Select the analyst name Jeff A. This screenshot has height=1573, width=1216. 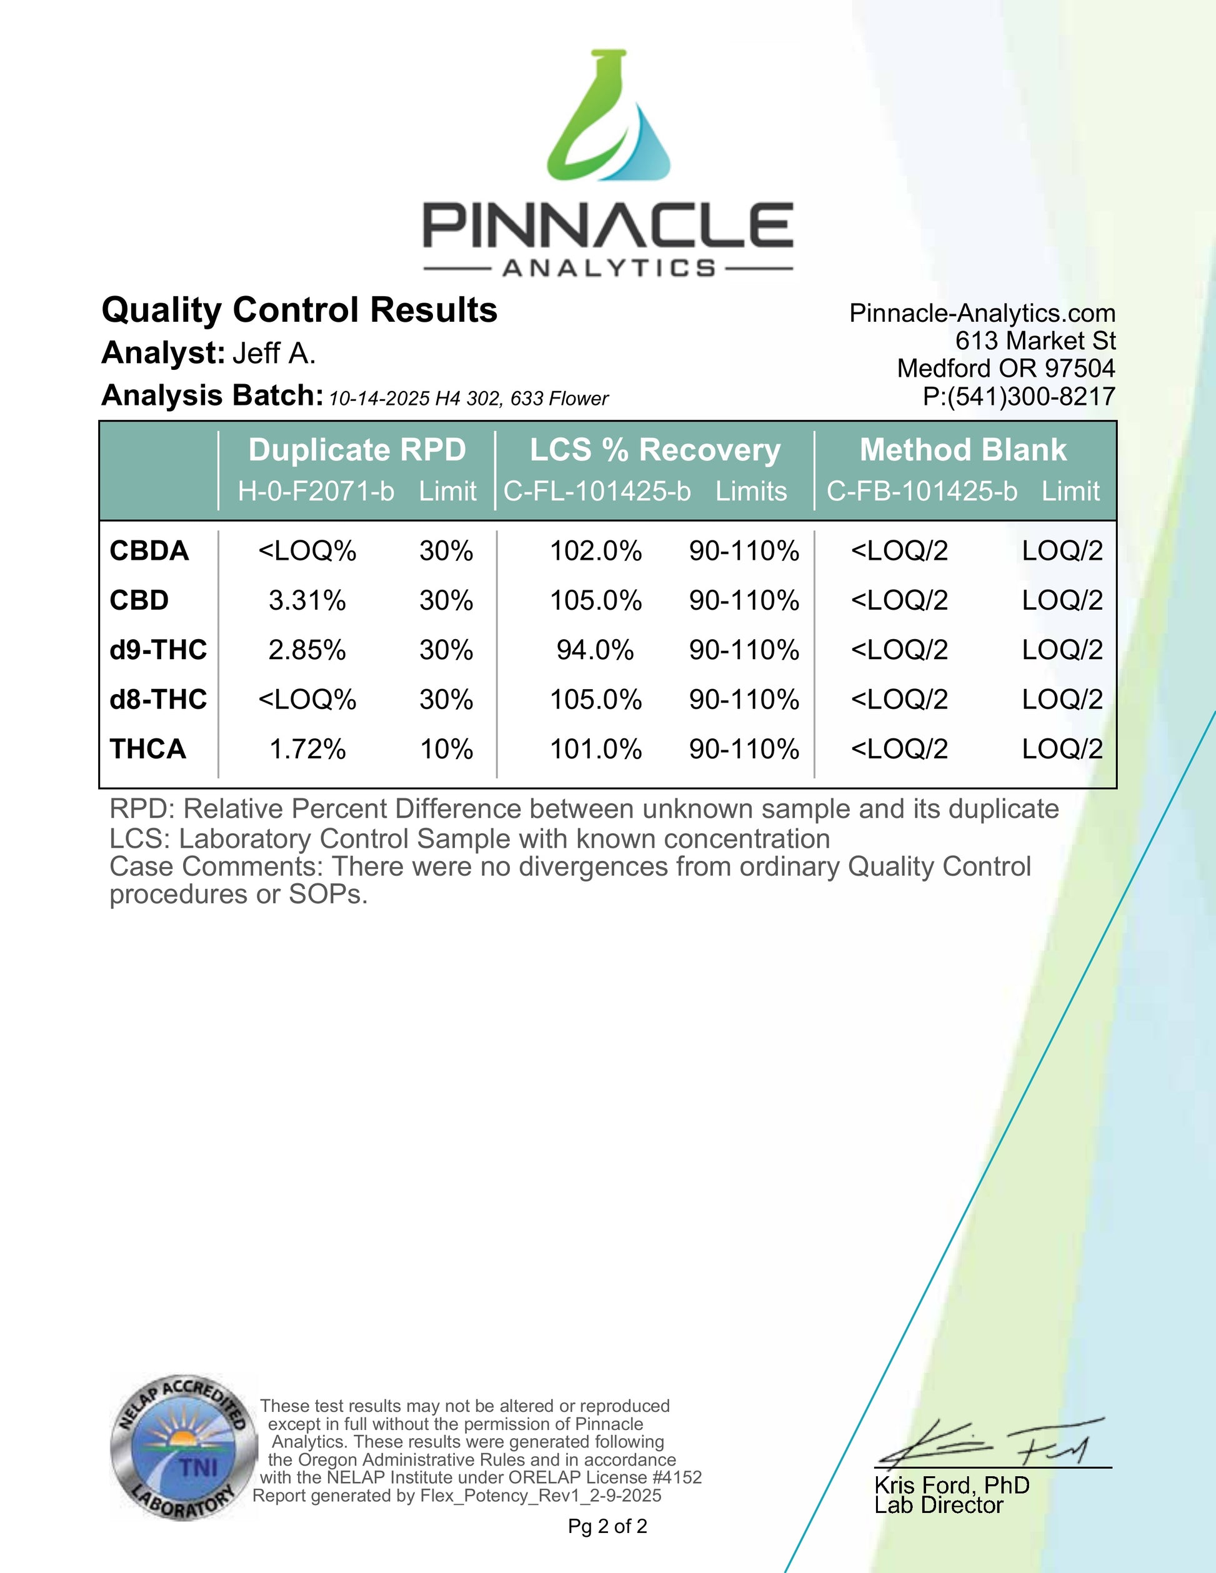pyautogui.click(x=274, y=354)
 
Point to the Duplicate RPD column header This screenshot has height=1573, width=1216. pyautogui.click(x=357, y=450)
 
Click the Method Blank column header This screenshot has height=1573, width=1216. pyautogui.click(x=962, y=450)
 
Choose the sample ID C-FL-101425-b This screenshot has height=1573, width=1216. pyautogui.click(x=597, y=491)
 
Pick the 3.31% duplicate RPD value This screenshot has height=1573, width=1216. pyautogui.click(x=307, y=600)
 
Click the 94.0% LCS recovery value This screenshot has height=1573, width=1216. pyautogui.click(x=595, y=650)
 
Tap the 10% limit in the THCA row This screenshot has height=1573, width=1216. pyautogui.click(x=446, y=749)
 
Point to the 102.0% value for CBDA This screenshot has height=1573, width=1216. pyautogui.click(x=595, y=551)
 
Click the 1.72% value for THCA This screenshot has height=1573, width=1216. pyautogui.click(x=307, y=749)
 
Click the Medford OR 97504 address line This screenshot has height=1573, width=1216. pyautogui.click(x=1005, y=368)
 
